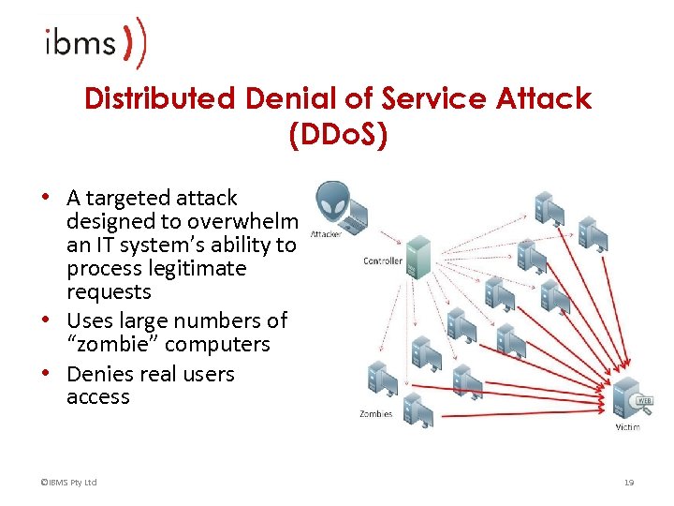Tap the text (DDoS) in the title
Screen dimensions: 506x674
point(338,136)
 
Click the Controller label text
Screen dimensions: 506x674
point(382,260)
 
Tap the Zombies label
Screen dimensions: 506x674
point(375,413)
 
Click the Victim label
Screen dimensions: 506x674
point(627,427)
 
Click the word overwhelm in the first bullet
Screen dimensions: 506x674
point(243,222)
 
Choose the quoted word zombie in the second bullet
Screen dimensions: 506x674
point(105,345)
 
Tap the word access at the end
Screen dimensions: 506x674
point(98,397)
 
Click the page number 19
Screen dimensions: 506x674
point(629,483)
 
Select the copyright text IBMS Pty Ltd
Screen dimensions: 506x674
point(69,483)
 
